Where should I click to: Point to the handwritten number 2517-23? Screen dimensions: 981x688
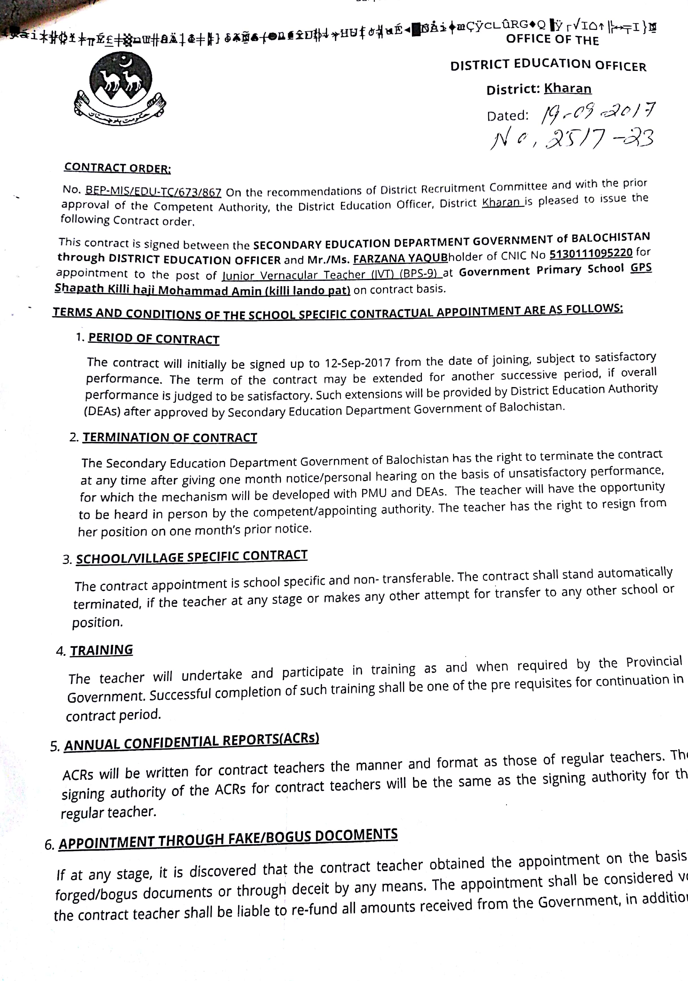pos(572,139)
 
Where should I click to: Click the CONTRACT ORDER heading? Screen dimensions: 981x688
pos(117,168)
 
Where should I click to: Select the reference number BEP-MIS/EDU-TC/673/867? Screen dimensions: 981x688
pos(153,191)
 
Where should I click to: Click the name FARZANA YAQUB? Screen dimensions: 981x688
pos(400,258)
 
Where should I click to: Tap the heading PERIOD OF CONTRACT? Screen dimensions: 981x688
pos(154,339)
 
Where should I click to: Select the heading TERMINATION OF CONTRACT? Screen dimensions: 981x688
pos(169,437)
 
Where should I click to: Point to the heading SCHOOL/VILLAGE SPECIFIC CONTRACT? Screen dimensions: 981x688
pos(192,557)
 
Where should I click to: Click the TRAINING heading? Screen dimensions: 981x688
pos(102,650)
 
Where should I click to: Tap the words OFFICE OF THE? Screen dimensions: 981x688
pos(553,40)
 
